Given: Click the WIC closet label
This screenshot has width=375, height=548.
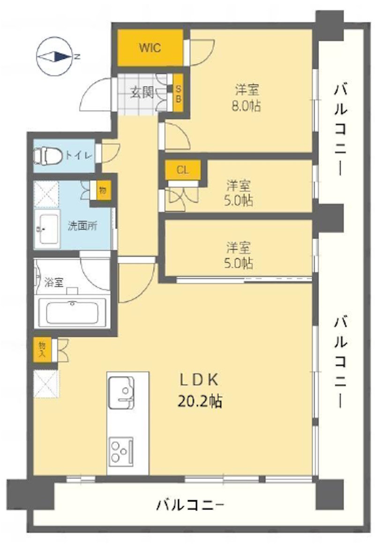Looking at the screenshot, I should point(150,48).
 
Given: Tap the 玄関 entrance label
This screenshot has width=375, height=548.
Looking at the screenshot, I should point(142,92).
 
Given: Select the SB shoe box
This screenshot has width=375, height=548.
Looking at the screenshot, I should point(178,93).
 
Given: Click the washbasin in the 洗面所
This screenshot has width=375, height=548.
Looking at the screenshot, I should point(48,228).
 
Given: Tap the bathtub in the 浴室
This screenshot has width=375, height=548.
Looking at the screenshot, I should point(72,312).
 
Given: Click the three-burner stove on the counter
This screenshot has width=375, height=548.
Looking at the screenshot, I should point(121,451).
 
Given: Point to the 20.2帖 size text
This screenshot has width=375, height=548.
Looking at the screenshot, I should point(200,401).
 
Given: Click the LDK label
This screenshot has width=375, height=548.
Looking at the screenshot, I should point(199,380).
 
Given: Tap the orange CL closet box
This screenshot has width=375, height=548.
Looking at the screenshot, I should point(182,171).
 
